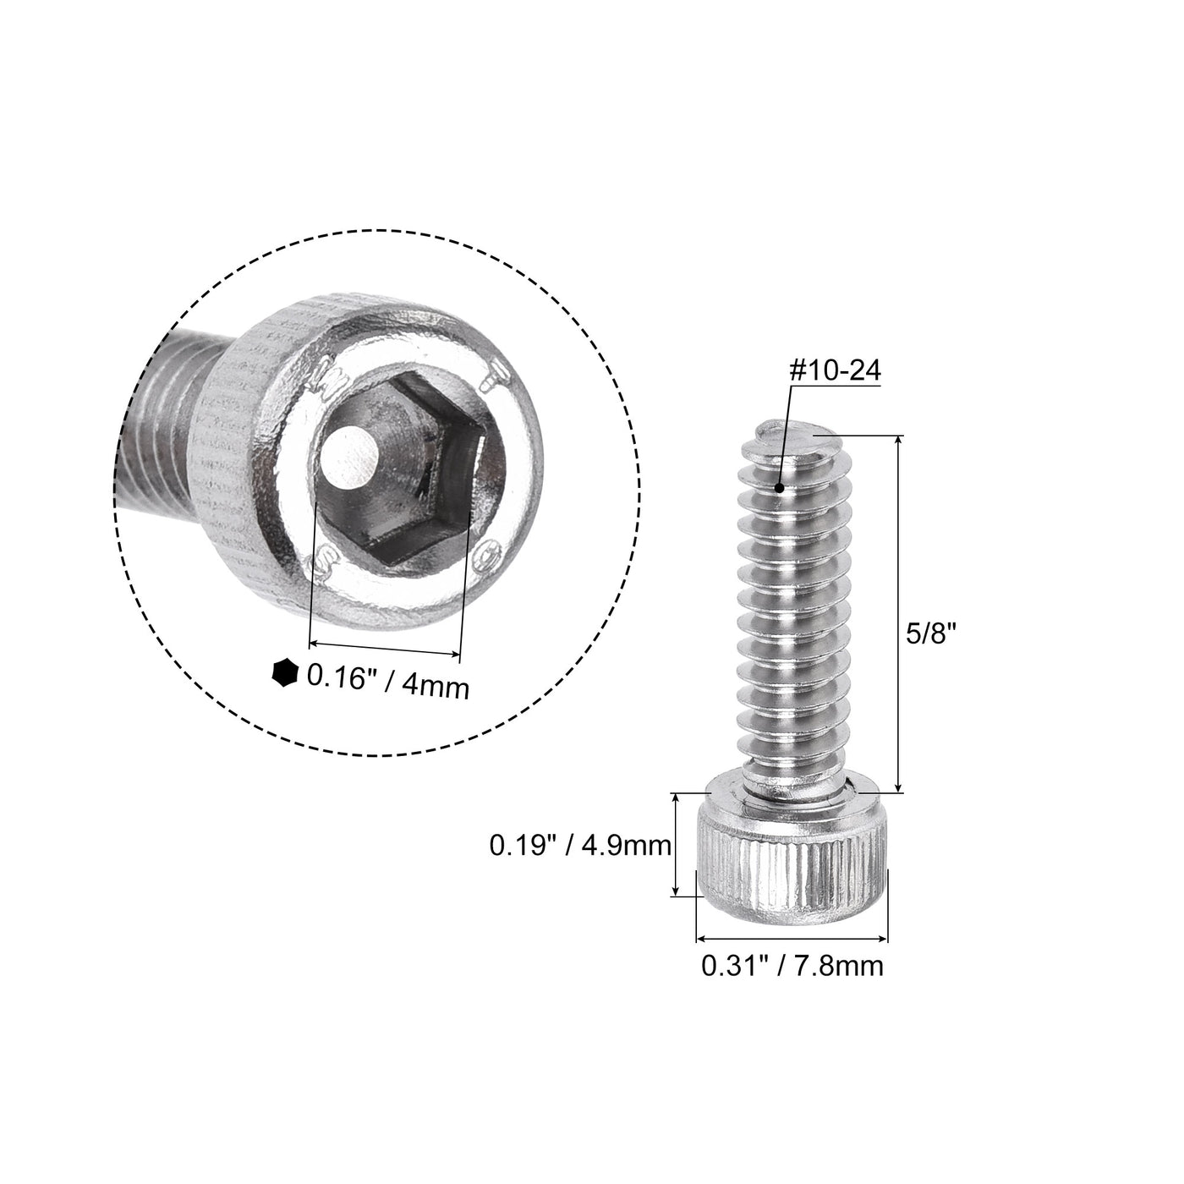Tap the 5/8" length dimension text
(x=940, y=635)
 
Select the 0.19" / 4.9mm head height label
(x=580, y=845)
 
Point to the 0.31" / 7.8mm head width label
(x=792, y=964)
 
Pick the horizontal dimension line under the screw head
(x=792, y=938)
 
